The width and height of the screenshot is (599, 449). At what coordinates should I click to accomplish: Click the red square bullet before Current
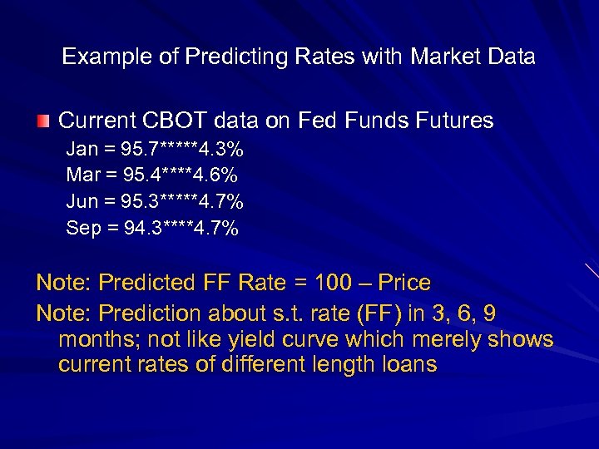pyautogui.click(x=42, y=121)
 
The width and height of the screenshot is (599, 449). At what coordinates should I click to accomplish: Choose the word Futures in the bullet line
pyautogui.click(x=455, y=121)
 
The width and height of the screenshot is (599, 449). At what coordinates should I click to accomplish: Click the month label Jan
pyautogui.click(x=82, y=150)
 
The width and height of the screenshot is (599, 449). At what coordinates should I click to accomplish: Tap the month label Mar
pyautogui.click(x=82, y=175)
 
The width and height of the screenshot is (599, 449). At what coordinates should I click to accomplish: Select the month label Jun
pyautogui.click(x=82, y=202)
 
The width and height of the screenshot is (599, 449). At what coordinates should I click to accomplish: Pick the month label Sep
pyautogui.click(x=83, y=228)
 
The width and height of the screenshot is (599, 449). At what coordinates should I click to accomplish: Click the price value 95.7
pyautogui.click(x=138, y=150)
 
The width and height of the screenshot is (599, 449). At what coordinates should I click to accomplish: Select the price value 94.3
pyautogui.click(x=139, y=228)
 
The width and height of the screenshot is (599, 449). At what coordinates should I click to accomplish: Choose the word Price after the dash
pyautogui.click(x=403, y=283)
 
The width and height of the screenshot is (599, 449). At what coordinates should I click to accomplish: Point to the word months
pyautogui.click(x=92, y=339)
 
